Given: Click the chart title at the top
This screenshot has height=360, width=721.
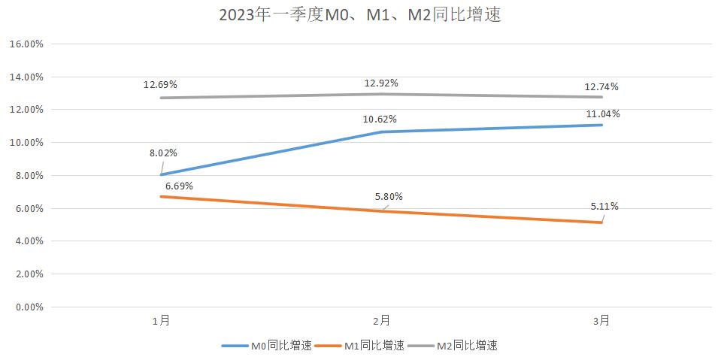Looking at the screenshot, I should click(x=360, y=15).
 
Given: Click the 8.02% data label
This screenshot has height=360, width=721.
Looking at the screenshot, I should click(x=163, y=153).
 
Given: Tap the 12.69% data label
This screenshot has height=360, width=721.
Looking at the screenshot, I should click(x=160, y=84).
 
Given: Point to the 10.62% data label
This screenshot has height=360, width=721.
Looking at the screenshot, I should click(x=380, y=119).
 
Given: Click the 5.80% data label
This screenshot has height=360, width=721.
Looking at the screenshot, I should click(x=389, y=197).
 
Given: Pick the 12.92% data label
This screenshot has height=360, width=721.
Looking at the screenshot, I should click(x=380, y=83).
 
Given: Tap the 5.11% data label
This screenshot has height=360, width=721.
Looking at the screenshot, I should click(x=604, y=207).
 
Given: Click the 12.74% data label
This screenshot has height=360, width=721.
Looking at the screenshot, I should click(x=601, y=86).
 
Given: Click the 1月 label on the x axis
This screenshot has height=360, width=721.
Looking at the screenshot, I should click(x=160, y=321).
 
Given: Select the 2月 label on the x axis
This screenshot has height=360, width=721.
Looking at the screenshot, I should click(x=380, y=321).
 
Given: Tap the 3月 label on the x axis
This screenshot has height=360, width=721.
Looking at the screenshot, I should click(x=601, y=321).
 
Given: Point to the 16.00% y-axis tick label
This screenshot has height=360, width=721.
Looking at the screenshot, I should click(x=26, y=44).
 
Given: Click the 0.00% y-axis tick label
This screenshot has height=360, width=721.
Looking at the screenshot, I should click(x=28, y=307).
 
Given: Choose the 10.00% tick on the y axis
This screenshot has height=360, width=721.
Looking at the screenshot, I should click(x=26, y=143).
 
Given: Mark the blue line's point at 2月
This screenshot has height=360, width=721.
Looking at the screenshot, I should click(x=380, y=132).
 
